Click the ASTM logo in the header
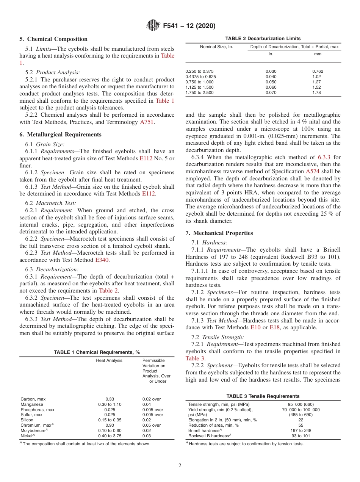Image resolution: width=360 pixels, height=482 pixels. [153, 26]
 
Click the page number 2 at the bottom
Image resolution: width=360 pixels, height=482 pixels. [180, 466]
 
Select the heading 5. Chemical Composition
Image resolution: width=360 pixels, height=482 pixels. [53, 39]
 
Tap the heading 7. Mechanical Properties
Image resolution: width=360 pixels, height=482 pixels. [219, 233]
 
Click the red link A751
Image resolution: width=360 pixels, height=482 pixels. [147, 122]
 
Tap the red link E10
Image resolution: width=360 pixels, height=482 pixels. [255, 327]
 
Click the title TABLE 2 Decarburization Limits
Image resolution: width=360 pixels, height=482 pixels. [263, 38]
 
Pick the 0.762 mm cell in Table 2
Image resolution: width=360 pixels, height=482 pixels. [318, 71]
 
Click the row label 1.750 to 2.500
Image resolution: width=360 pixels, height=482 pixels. [199, 92]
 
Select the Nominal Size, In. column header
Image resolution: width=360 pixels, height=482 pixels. [216, 47]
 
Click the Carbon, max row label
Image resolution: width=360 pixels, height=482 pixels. [33, 399]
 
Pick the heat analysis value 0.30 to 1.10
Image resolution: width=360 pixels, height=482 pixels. [110, 404]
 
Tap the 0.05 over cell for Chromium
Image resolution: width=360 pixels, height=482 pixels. [152, 425]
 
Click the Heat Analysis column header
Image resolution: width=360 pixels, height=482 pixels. [109, 360]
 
